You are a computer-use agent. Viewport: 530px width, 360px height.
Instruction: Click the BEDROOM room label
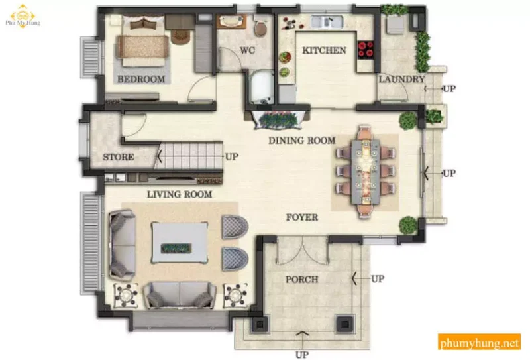coord(141,79)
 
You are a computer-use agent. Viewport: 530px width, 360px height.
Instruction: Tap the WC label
coord(247,50)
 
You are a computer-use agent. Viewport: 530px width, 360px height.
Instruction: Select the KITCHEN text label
coord(324,50)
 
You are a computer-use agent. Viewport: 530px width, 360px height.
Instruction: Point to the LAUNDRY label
coord(401,79)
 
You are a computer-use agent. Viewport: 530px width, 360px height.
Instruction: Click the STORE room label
coord(119,157)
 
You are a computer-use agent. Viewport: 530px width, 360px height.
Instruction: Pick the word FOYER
coord(302,217)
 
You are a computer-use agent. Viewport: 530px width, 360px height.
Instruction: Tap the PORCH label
coord(302,280)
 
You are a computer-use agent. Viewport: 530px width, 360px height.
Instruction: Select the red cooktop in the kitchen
coord(366,50)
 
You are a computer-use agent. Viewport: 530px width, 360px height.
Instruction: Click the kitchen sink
coord(327,22)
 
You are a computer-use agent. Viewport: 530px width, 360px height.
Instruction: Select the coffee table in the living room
coord(180,242)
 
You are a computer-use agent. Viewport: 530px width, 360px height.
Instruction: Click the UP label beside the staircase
coord(232,156)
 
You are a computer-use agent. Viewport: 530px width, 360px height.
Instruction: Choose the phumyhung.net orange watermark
coord(479,342)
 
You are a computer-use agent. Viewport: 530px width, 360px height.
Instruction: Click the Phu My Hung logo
coord(23,16)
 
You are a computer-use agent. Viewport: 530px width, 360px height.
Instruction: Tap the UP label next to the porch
coord(378,279)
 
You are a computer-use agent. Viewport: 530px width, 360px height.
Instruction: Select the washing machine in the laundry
coord(396,24)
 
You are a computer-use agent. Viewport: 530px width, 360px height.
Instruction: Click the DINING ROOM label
coord(302,141)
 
